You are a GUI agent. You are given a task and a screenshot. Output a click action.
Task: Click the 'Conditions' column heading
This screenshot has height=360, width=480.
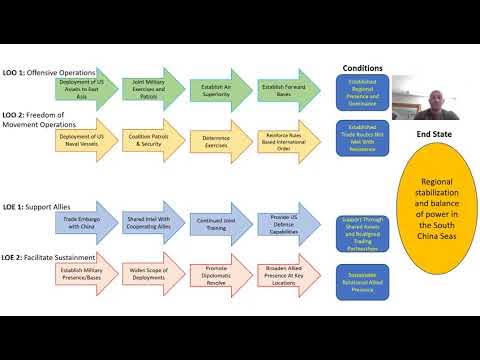point(362,68)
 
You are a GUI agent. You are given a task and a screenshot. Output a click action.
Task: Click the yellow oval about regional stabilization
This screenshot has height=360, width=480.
point(431,203)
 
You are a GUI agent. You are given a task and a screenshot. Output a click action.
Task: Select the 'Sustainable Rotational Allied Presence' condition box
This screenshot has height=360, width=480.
point(362,274)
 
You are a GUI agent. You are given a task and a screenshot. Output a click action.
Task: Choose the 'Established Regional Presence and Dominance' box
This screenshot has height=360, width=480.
point(362,92)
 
